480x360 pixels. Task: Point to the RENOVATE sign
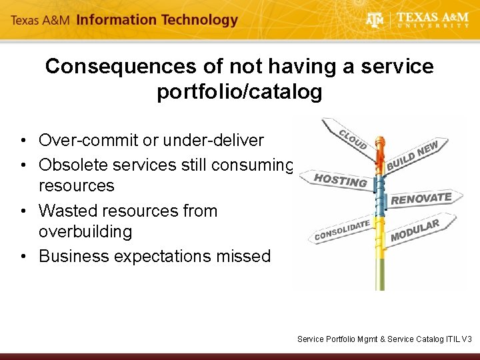pos(422,198)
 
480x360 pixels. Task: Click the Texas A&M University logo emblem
pos(375,20)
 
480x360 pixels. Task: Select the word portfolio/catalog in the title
pos(239,92)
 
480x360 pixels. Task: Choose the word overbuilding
pos(85,232)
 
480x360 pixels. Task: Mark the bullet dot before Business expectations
pos(23,257)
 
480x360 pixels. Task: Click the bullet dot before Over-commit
pos(23,141)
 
